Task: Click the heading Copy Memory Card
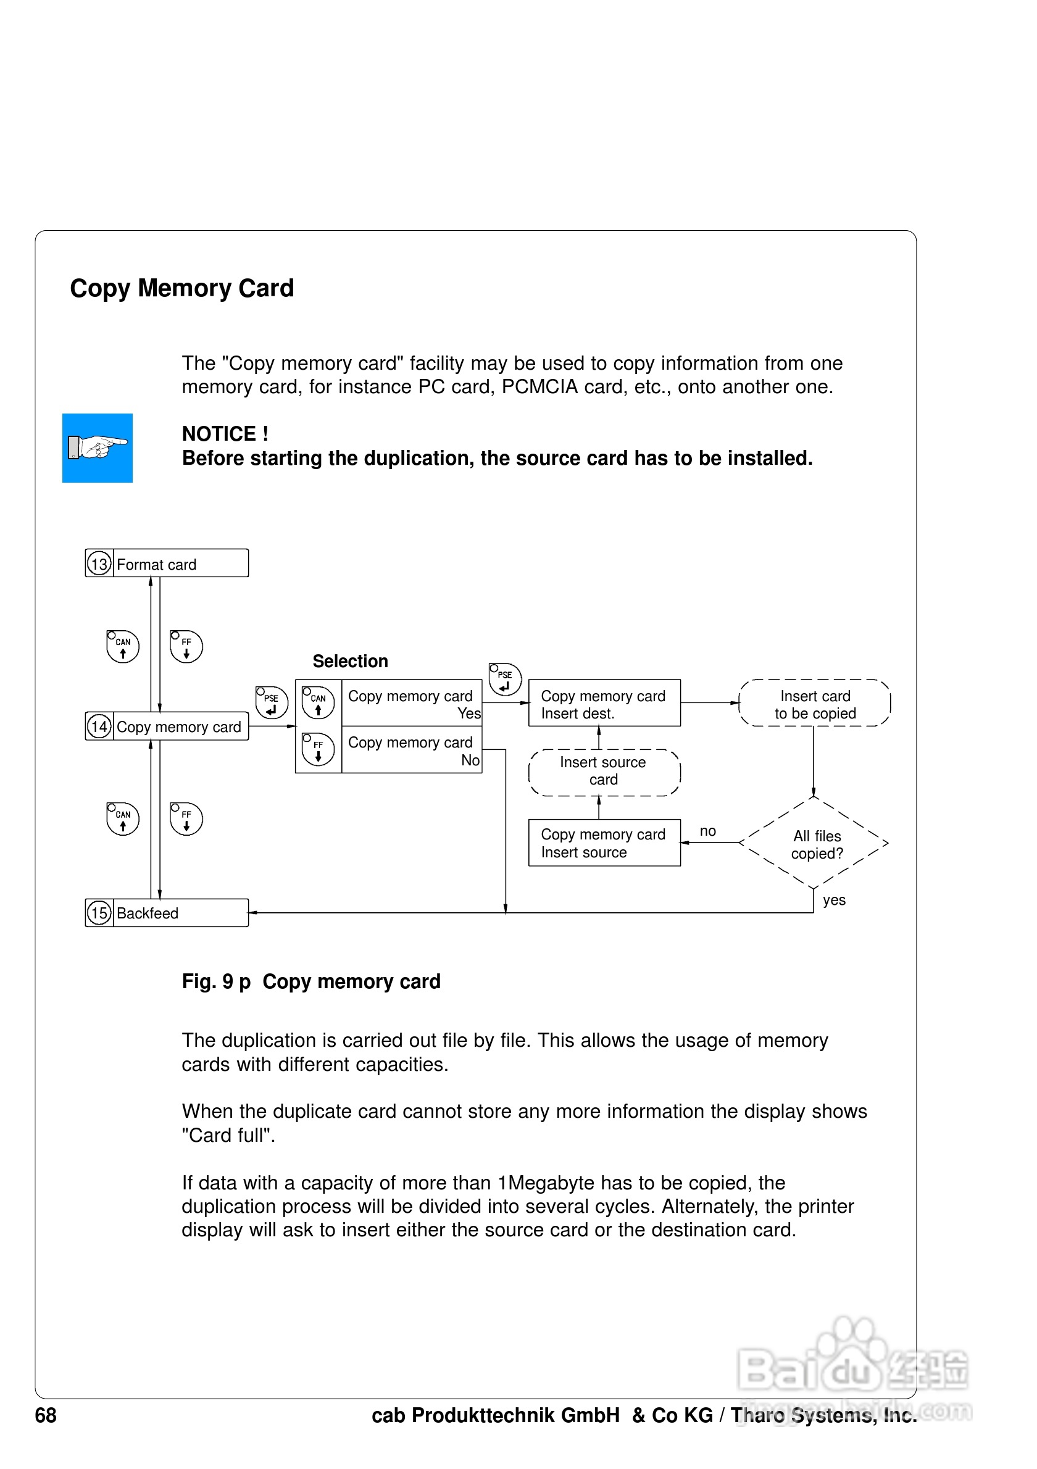pyautogui.click(x=181, y=289)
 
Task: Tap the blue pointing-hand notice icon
pyautogui.click(x=98, y=448)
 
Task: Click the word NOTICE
pyautogui.click(x=218, y=434)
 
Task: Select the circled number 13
pyautogui.click(x=99, y=564)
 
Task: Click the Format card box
pyautogui.click(x=180, y=564)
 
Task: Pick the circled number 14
pyautogui.click(x=99, y=726)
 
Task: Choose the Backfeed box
pyautogui.click(x=180, y=913)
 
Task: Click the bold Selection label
pyautogui.click(x=350, y=661)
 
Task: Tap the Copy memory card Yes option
pyautogui.click(x=411, y=703)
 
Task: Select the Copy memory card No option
pyautogui.click(x=411, y=750)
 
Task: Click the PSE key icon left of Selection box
pyautogui.click(x=272, y=702)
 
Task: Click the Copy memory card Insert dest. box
pyautogui.click(x=604, y=703)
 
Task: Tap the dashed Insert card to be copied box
pyautogui.click(x=814, y=704)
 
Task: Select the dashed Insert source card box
pyautogui.click(x=604, y=772)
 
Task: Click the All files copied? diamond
pyautogui.click(x=814, y=843)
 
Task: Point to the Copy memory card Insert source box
pyautogui.click(x=604, y=843)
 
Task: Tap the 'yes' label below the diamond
pyautogui.click(x=833, y=899)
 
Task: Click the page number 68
pyautogui.click(x=46, y=1415)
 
